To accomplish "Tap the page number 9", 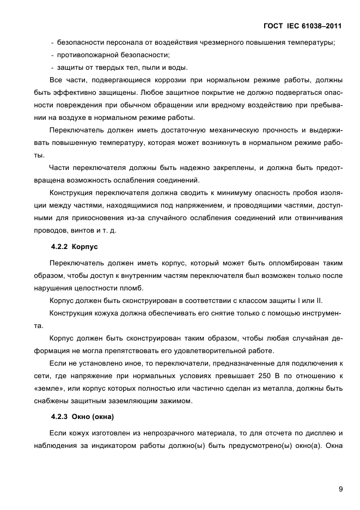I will tap(340, 489).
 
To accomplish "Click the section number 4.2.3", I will tap(59, 417).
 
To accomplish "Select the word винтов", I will tap(93, 230).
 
